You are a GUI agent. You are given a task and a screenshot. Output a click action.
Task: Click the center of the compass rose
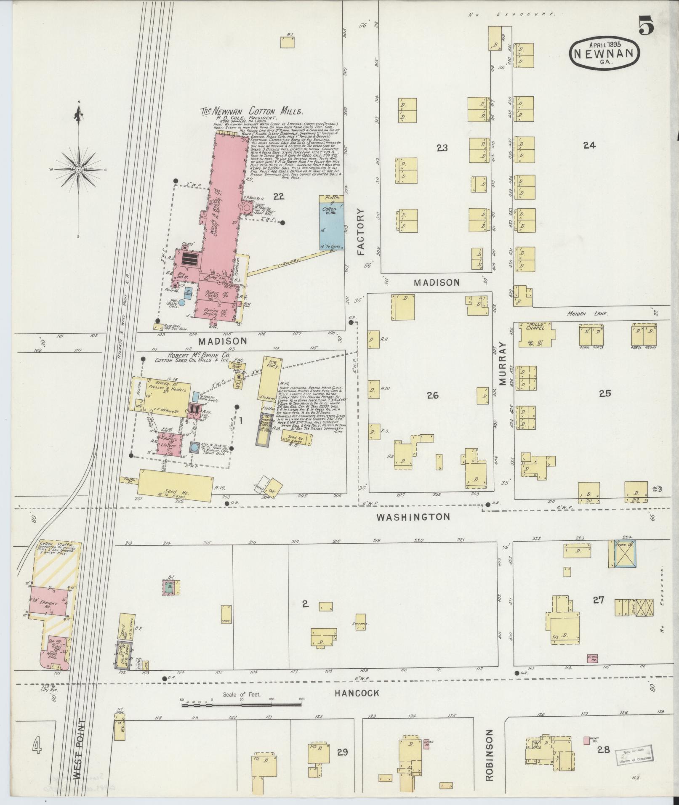coord(78,170)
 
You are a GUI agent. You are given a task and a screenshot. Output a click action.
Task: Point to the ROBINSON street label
coord(489,755)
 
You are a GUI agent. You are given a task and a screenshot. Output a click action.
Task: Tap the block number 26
coord(432,395)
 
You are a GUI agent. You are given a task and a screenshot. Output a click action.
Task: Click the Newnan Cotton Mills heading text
coord(251,112)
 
